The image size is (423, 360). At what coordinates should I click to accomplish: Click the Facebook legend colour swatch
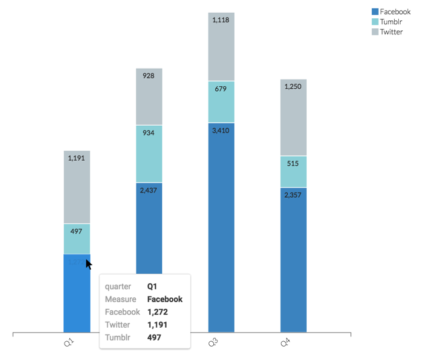point(375,12)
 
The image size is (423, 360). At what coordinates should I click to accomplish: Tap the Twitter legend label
point(391,32)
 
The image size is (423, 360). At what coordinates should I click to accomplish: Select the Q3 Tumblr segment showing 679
point(221,102)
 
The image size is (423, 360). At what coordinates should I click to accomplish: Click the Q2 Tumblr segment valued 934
point(149,154)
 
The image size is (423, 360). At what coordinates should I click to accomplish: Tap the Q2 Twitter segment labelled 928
point(149,97)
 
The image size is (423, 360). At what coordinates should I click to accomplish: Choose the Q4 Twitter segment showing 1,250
point(293,118)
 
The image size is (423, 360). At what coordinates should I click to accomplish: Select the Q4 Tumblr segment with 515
point(293,172)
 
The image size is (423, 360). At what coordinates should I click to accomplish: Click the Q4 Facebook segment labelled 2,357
point(293,259)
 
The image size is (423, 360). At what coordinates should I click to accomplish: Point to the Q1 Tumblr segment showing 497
point(77,239)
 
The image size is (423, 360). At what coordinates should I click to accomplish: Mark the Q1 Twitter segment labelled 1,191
point(77,187)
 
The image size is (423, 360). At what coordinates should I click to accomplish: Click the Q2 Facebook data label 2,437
point(149,190)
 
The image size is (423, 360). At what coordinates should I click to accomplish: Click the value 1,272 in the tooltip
point(157,312)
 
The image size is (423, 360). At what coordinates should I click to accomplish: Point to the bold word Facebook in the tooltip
point(165,299)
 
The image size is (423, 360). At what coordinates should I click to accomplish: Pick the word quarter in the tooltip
point(118,287)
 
